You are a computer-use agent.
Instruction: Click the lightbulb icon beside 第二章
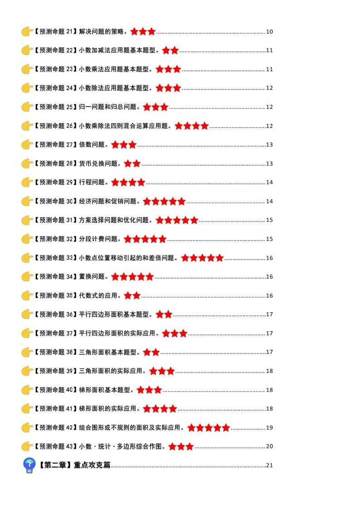pyautogui.click(x=29, y=465)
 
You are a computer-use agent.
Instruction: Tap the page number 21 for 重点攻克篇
pyautogui.click(x=269, y=465)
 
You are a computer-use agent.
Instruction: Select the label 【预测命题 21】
pyautogui.click(x=55, y=32)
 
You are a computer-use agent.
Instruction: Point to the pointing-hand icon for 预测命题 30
pyautogui.click(x=27, y=201)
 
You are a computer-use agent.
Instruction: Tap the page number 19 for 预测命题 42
pyautogui.click(x=269, y=428)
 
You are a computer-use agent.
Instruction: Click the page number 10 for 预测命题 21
pyautogui.click(x=269, y=32)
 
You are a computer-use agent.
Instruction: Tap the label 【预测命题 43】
pyautogui.click(x=55, y=446)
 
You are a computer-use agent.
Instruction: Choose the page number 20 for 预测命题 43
pyautogui.click(x=269, y=446)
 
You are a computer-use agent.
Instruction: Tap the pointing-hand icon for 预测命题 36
pyautogui.click(x=27, y=314)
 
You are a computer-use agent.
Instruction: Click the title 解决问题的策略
pyautogui.click(x=103, y=32)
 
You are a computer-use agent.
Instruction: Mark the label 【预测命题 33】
pyautogui.click(x=55, y=258)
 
